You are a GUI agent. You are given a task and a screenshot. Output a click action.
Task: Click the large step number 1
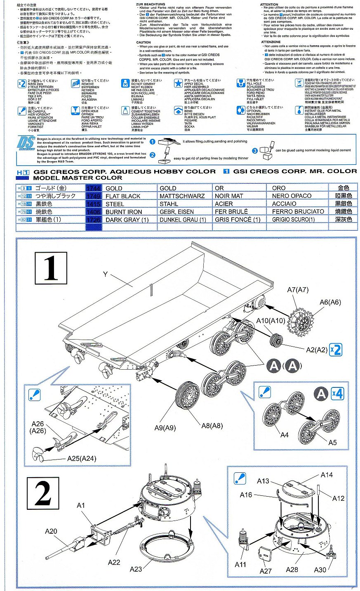[51, 268]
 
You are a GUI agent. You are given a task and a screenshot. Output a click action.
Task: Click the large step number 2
[43, 494]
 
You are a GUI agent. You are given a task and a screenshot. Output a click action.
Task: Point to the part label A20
[51, 531]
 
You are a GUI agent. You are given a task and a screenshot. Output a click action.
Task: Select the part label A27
[266, 571]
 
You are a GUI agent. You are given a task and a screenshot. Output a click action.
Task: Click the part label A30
[320, 570]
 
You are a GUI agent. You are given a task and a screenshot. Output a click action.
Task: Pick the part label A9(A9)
[165, 428]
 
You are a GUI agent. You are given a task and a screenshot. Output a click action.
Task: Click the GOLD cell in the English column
[114, 188]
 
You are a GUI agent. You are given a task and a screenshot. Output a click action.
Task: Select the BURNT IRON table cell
[124, 212]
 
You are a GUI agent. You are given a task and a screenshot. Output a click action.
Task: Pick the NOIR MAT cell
[229, 196]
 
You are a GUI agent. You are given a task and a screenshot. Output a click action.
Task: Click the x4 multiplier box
[337, 394]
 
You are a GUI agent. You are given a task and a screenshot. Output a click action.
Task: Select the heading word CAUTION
[144, 42]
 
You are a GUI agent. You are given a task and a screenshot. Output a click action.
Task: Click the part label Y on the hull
[105, 274]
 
